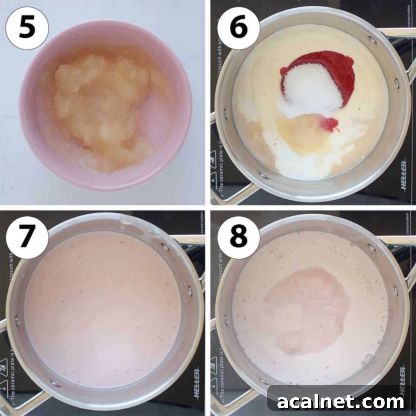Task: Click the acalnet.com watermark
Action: click(x=341, y=402)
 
